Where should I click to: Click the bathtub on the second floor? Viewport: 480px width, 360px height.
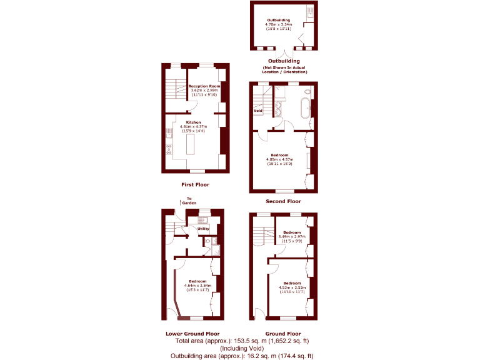(305, 107)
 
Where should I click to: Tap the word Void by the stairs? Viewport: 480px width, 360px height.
(258, 111)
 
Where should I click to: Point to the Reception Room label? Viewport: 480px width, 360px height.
(204, 86)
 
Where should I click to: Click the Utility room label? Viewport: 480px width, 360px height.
(203, 229)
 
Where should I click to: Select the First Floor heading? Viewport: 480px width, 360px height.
(195, 184)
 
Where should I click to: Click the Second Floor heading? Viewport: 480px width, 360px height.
(283, 201)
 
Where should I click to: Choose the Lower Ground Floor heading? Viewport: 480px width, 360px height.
(192, 334)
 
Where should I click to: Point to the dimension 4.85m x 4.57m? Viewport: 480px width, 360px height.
(279, 159)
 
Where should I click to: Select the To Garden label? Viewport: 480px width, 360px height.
(189, 201)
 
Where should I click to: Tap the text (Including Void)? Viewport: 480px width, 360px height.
(242, 348)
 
